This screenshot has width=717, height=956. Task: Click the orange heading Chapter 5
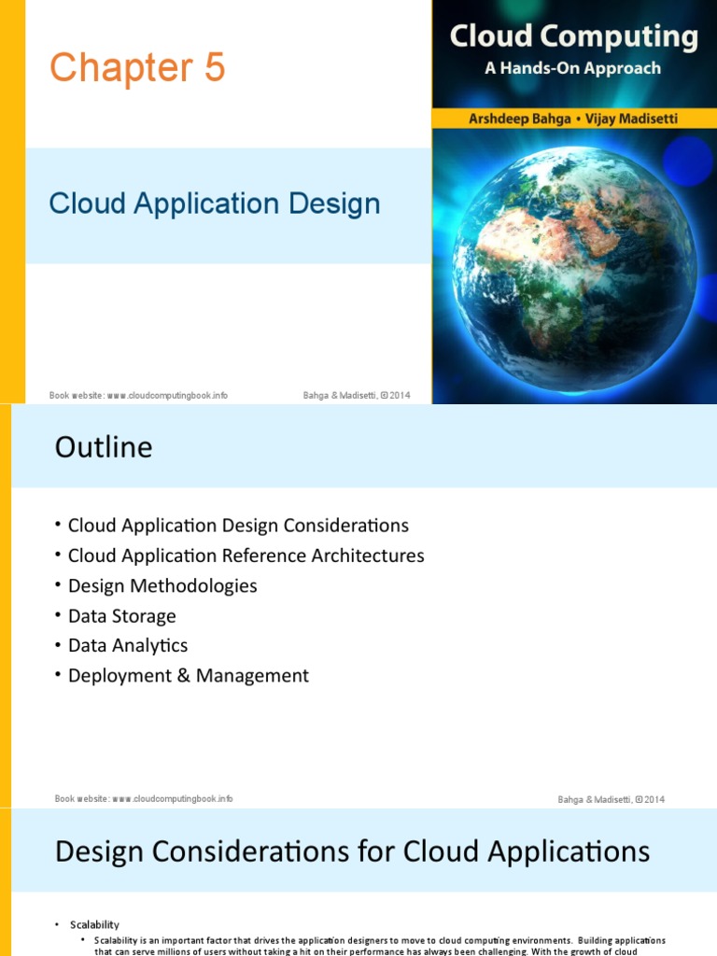[137, 68]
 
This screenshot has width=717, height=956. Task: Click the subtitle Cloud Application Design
[215, 204]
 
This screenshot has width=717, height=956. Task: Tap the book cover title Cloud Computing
[573, 36]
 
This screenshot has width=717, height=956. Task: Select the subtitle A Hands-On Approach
[573, 68]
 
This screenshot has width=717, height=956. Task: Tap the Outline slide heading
[104, 447]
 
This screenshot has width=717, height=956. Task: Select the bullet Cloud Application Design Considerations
[238, 526]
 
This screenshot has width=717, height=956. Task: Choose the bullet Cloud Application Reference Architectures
[246, 555]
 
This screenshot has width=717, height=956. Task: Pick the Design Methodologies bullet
[162, 585]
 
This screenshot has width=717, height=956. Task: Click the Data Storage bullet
[121, 615]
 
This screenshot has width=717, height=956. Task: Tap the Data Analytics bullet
[128, 645]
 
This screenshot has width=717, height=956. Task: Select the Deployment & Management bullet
[188, 675]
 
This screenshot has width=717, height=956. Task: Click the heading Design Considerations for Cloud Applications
[352, 851]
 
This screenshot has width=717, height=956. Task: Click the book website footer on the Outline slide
[144, 798]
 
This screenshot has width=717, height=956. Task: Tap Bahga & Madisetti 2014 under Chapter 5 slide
[356, 395]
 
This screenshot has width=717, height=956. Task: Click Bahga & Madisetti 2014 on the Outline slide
[611, 799]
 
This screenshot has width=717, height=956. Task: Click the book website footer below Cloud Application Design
[138, 395]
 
